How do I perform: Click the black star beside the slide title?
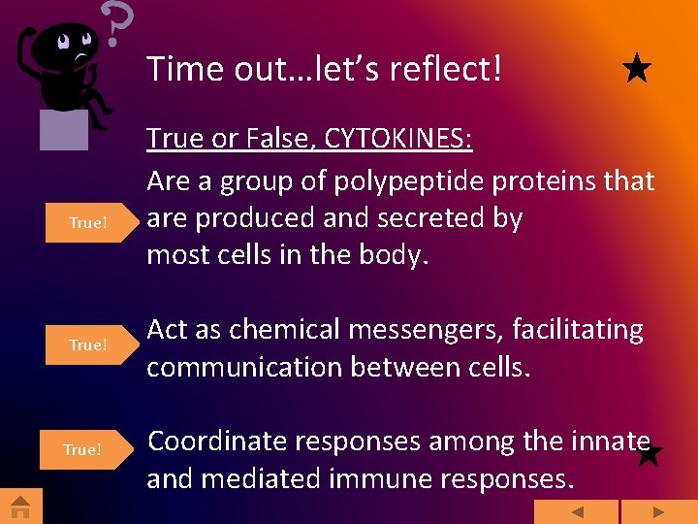[636, 70]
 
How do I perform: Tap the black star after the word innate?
[650, 453]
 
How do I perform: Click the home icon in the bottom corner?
[20, 507]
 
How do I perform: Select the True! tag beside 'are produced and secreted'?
[87, 223]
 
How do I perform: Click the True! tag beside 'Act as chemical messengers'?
[87, 345]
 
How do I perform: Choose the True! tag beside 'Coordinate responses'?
[82, 449]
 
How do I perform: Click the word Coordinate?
[216, 442]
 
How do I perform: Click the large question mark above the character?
[116, 24]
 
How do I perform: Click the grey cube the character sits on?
[64, 130]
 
